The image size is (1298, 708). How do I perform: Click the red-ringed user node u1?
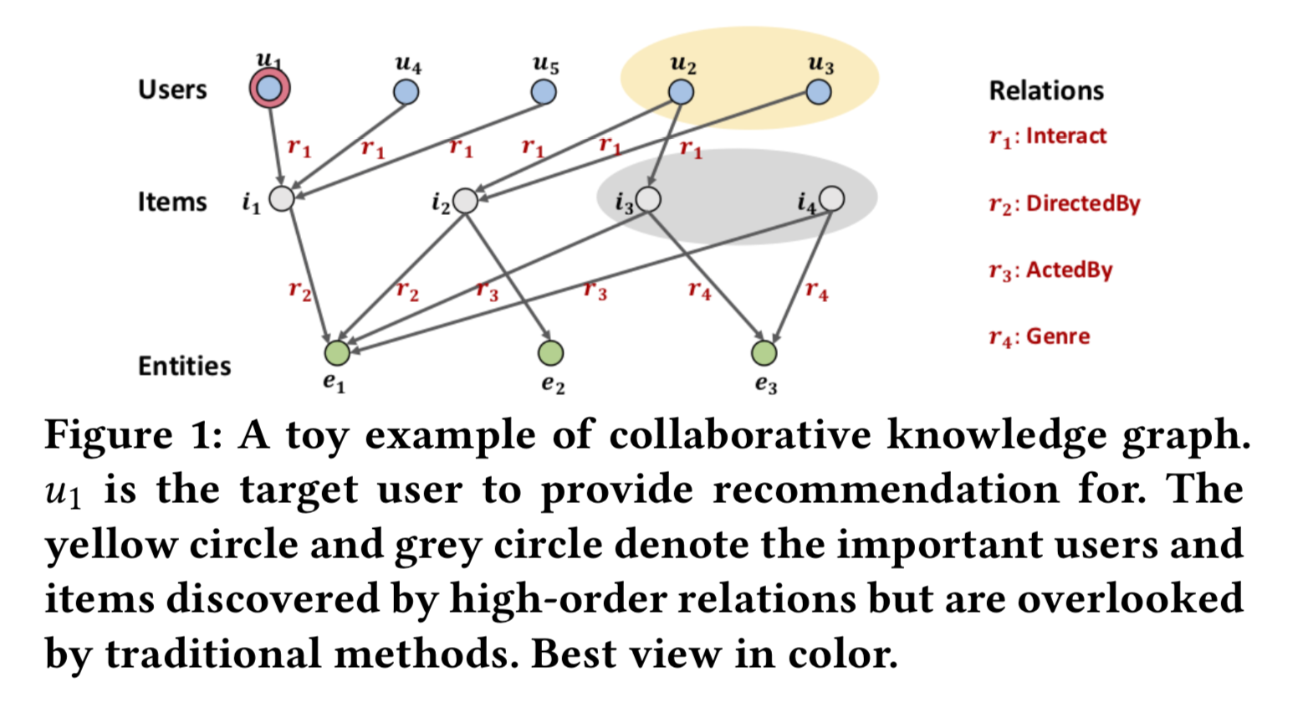click(269, 89)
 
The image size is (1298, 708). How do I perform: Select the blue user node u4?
click(406, 91)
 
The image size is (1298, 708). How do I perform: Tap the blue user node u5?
click(544, 91)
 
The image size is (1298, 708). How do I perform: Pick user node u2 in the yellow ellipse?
click(682, 91)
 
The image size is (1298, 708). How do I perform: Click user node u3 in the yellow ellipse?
click(819, 91)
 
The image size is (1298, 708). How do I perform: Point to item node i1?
click(282, 199)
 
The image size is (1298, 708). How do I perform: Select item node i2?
click(465, 201)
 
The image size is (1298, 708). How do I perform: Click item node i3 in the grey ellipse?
click(648, 199)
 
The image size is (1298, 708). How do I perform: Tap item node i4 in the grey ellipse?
click(831, 198)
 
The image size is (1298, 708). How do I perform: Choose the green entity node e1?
click(337, 353)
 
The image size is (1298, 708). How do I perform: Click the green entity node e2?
click(550, 353)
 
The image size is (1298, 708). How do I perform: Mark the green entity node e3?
click(764, 353)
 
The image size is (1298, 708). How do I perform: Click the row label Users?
click(172, 90)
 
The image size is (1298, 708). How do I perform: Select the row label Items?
click(172, 202)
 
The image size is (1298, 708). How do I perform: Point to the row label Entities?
click(184, 366)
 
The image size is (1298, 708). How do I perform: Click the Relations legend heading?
click(1046, 90)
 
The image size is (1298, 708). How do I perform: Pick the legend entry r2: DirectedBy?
click(1064, 203)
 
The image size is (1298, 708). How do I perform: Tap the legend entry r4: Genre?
click(1039, 336)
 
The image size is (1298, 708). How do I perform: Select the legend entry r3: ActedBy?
click(1050, 270)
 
